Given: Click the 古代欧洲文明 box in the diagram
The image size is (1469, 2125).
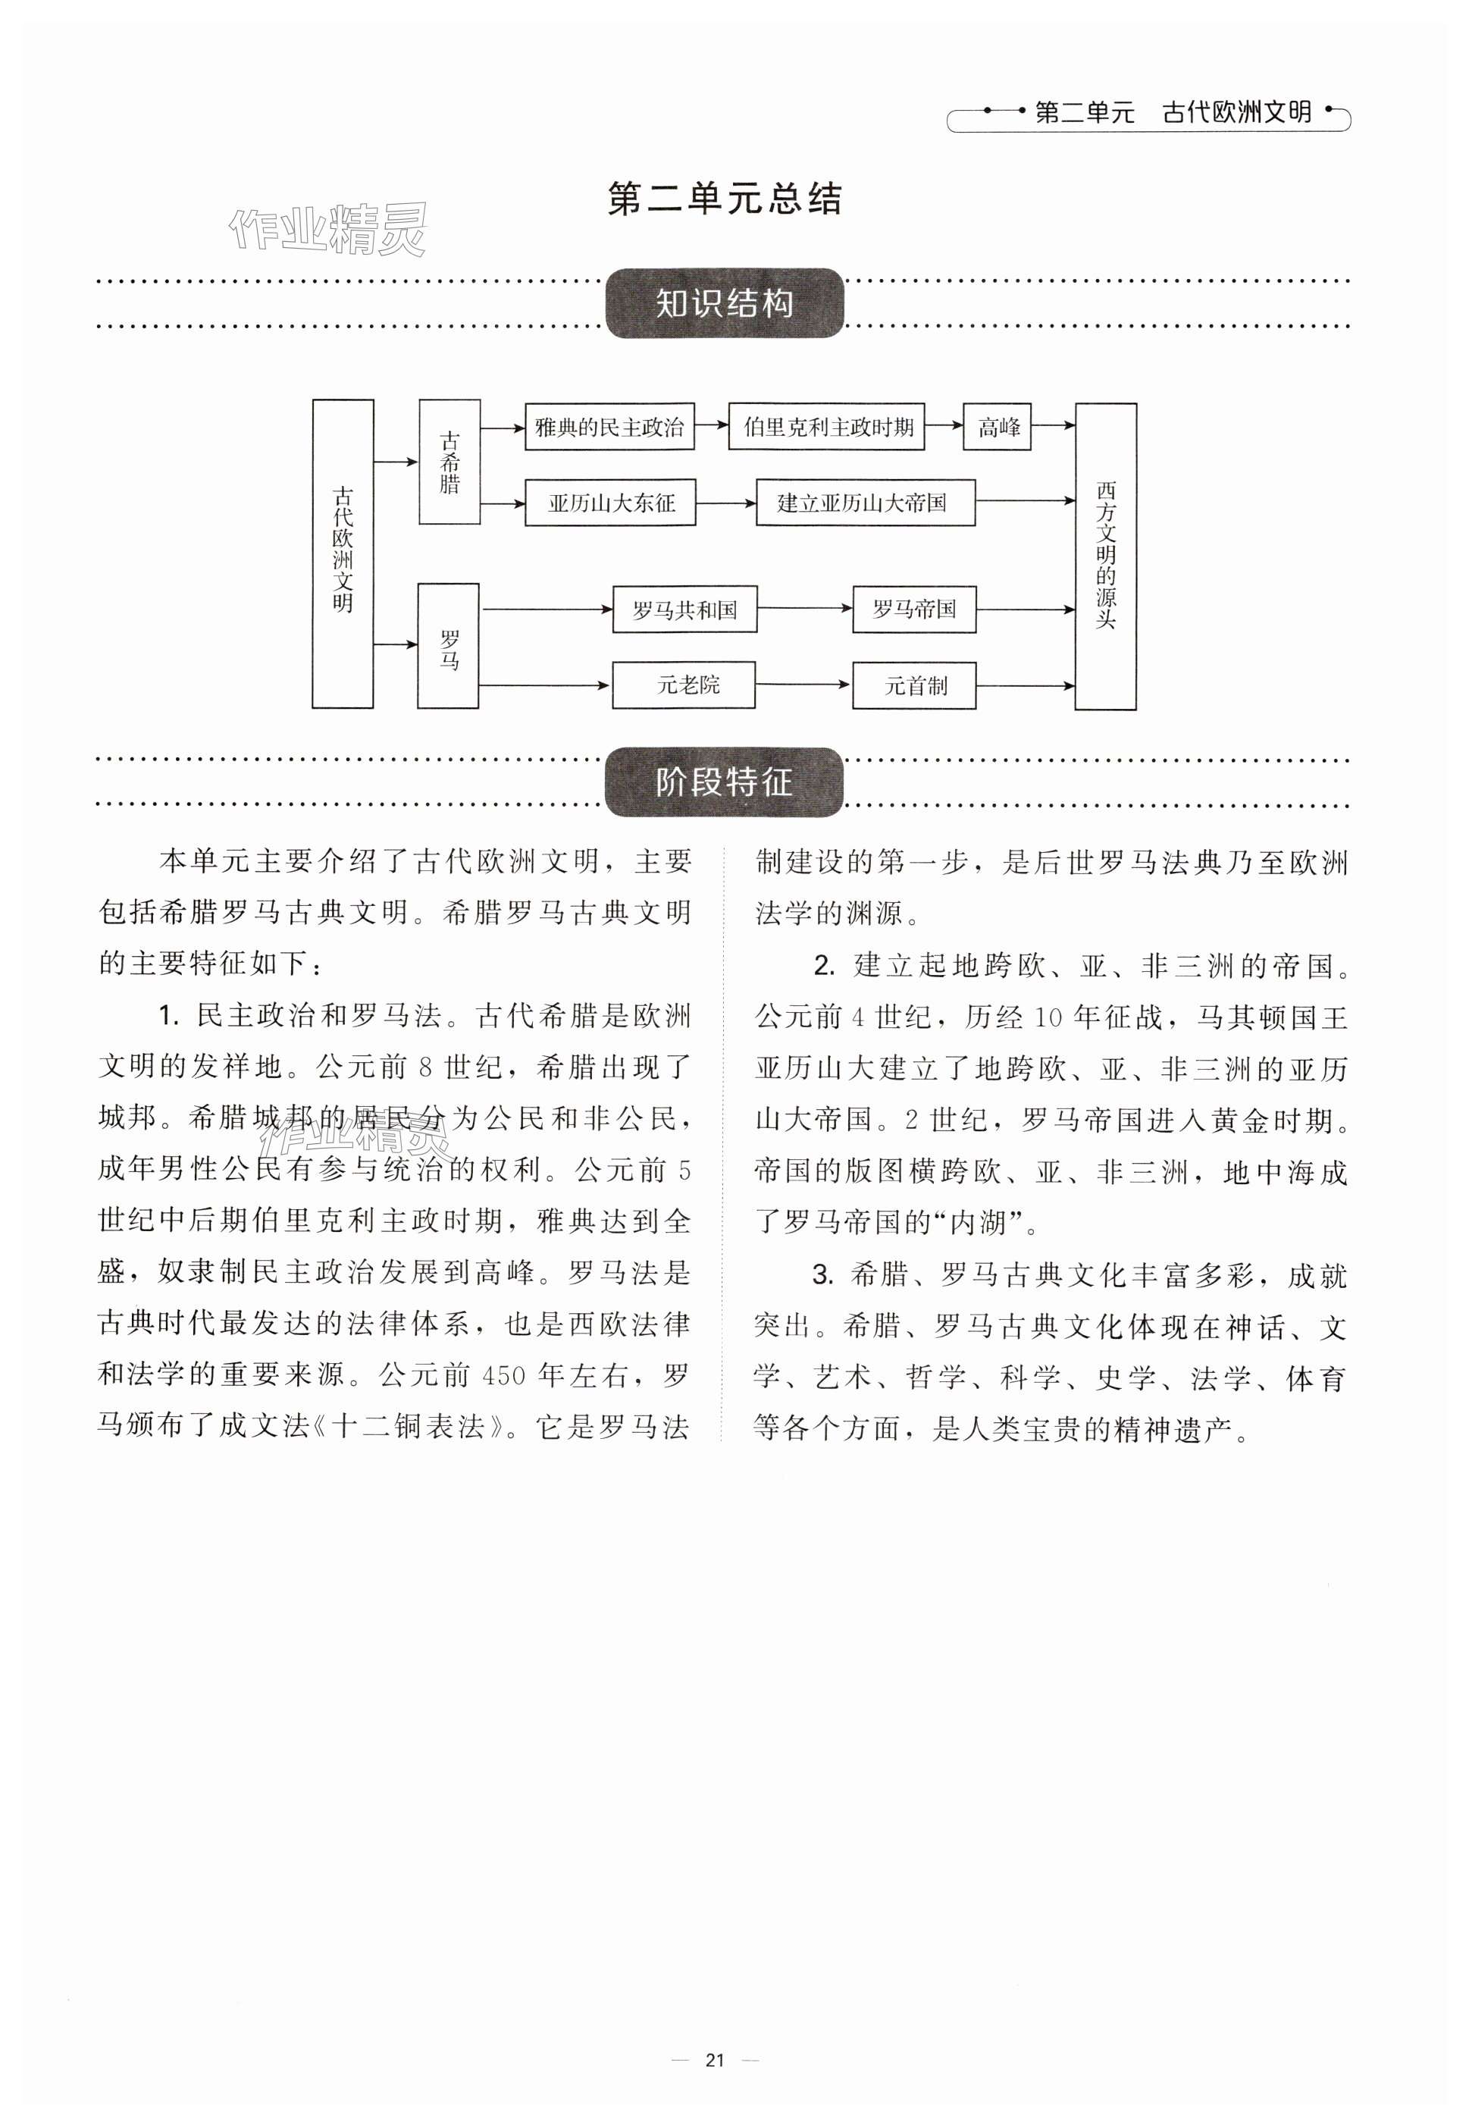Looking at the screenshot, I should coord(343,553).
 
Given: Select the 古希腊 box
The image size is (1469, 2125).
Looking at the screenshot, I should coord(449,462).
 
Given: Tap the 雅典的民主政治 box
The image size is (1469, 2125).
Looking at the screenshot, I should coord(609,426).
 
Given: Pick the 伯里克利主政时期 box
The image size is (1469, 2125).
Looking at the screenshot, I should coord(826,426).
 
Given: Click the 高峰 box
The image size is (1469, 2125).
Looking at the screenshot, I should coord(998,426).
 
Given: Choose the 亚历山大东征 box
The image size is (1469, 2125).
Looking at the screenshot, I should coord(610,503).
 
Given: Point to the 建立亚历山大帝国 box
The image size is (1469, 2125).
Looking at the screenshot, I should coord(865,503).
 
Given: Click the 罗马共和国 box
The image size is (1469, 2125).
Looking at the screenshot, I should coord(684,610).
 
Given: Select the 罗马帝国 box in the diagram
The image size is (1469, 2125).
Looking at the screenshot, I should coord(914,610).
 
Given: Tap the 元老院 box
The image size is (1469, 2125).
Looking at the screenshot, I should coord(684,685).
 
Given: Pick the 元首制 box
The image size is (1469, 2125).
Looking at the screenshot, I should coord(914,685).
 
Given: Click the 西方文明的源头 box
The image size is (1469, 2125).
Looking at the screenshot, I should coord(1105,556).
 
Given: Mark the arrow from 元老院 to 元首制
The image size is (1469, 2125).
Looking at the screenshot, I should coord(803,685).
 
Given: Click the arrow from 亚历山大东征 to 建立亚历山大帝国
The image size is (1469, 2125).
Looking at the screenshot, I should coord(725,503).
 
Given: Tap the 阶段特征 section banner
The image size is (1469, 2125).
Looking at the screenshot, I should coord(725,782).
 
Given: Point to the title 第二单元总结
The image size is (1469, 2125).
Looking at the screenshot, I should coord(725,199).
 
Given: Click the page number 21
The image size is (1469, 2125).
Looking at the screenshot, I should coord(716,2060).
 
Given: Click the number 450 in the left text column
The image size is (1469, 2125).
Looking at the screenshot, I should coord(503,1376).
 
